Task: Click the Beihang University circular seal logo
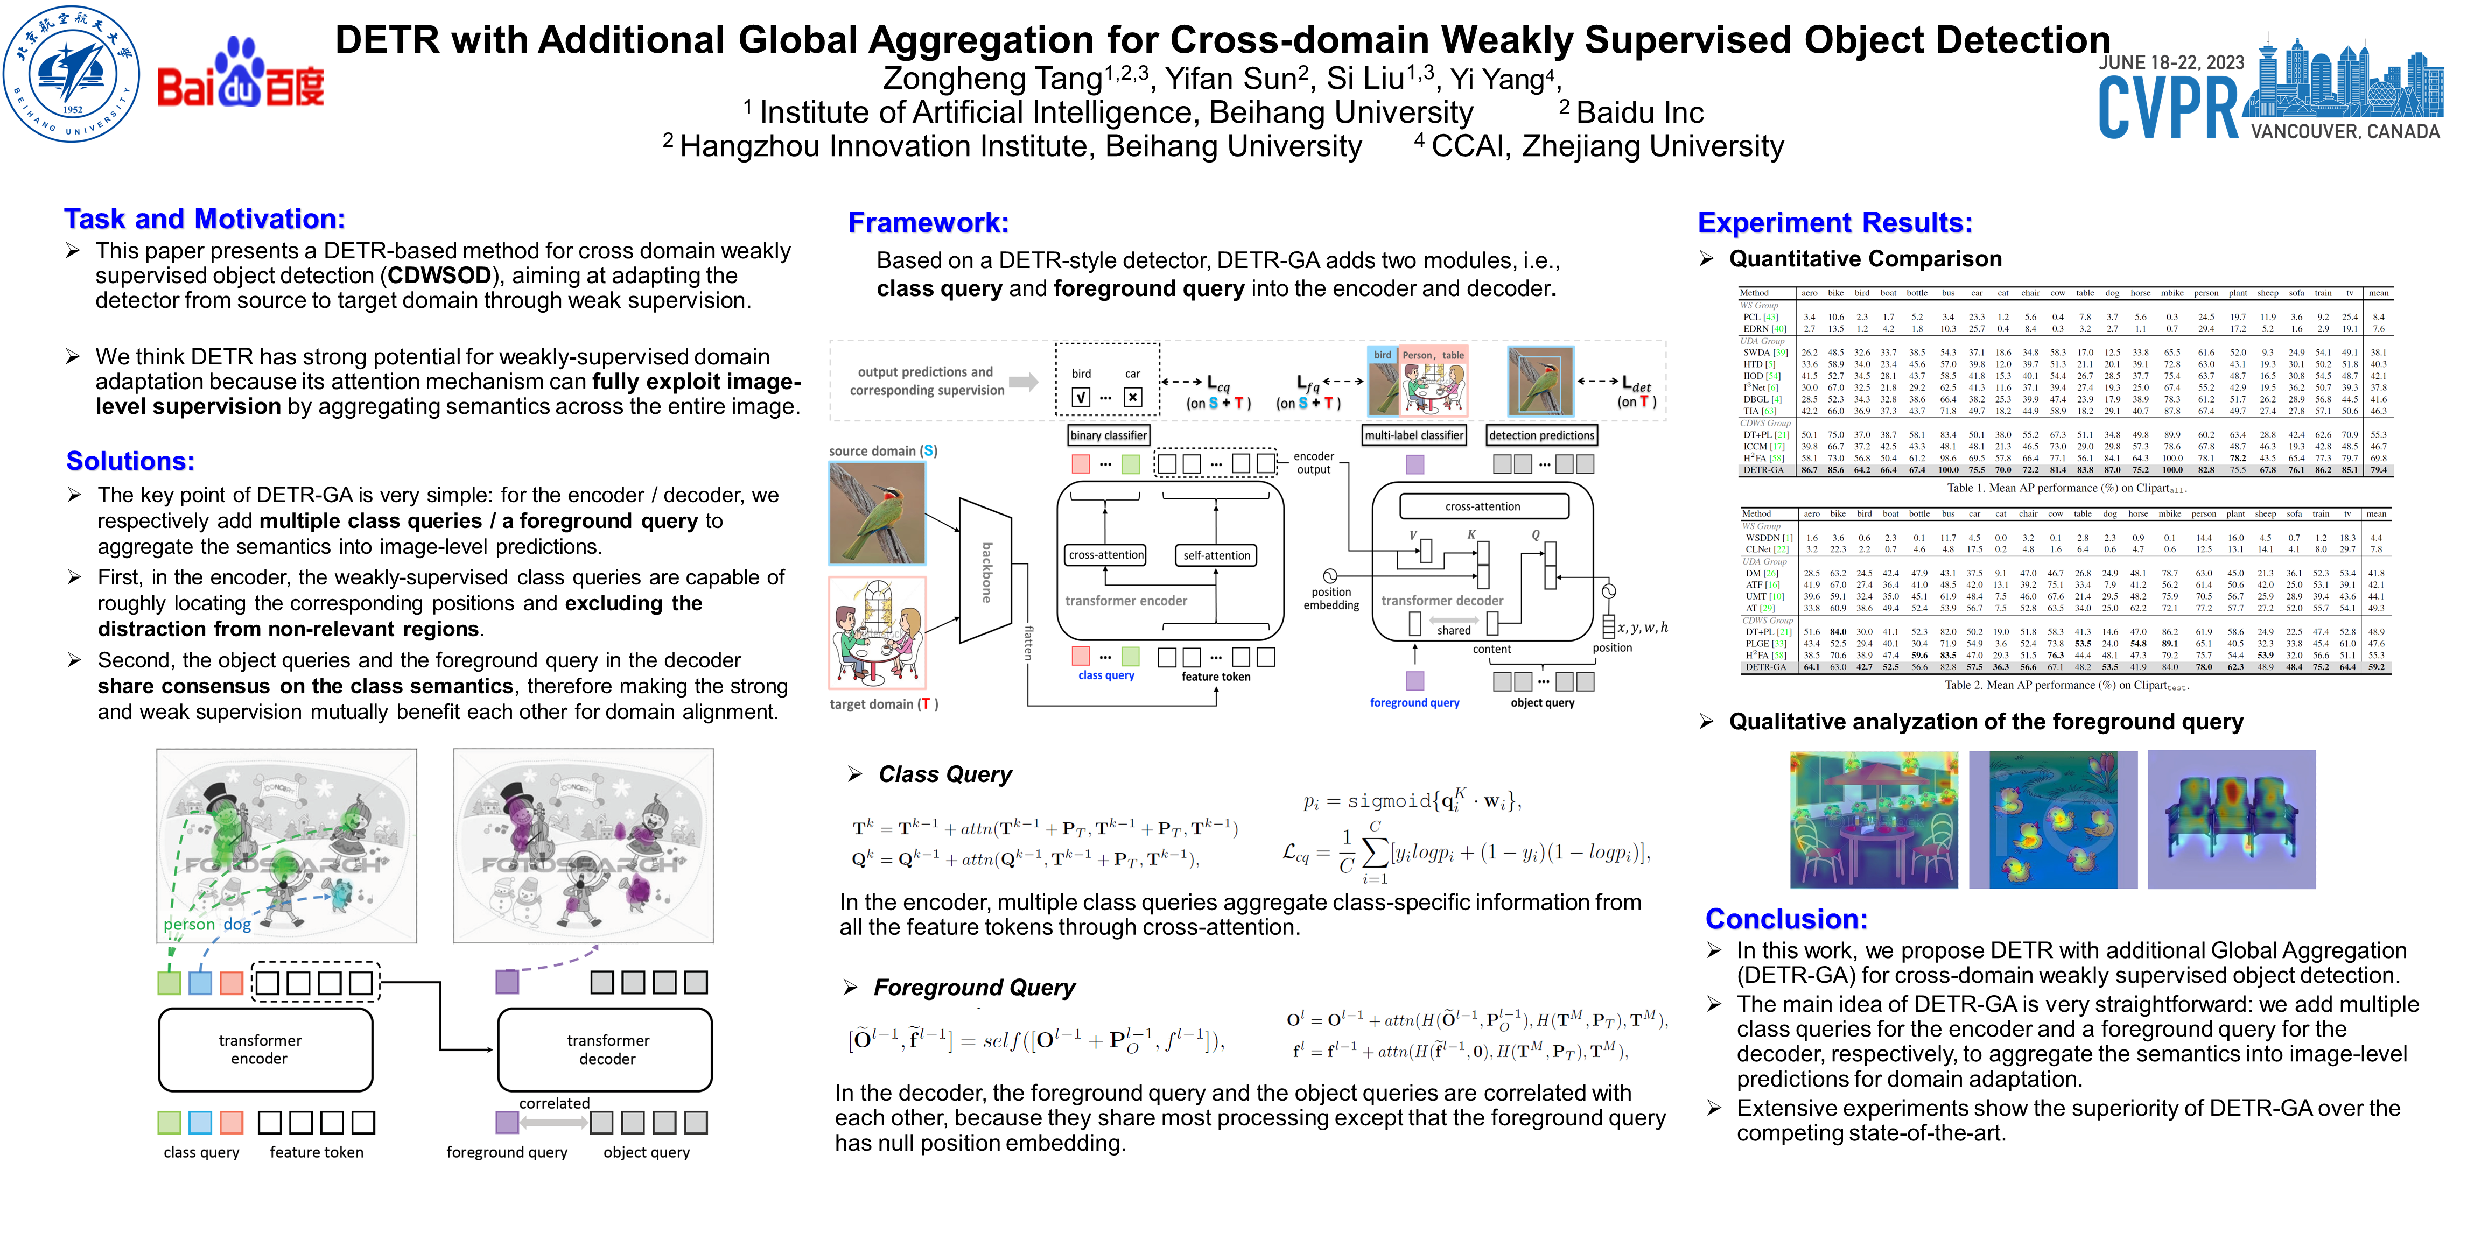click(x=71, y=73)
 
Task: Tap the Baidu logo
click(x=241, y=75)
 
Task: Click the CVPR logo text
click(x=2168, y=107)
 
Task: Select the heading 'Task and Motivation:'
click(x=204, y=220)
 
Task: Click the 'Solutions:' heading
click(x=130, y=461)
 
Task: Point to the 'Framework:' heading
click(x=928, y=223)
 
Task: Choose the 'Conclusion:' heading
click(x=1785, y=919)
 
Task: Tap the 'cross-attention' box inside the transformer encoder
click(x=1106, y=555)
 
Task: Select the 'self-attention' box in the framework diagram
click(x=1216, y=555)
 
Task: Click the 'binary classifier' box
click(x=1108, y=435)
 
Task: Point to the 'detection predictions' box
click(x=1541, y=435)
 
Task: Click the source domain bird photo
click(x=877, y=513)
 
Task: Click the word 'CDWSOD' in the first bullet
click(x=439, y=276)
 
